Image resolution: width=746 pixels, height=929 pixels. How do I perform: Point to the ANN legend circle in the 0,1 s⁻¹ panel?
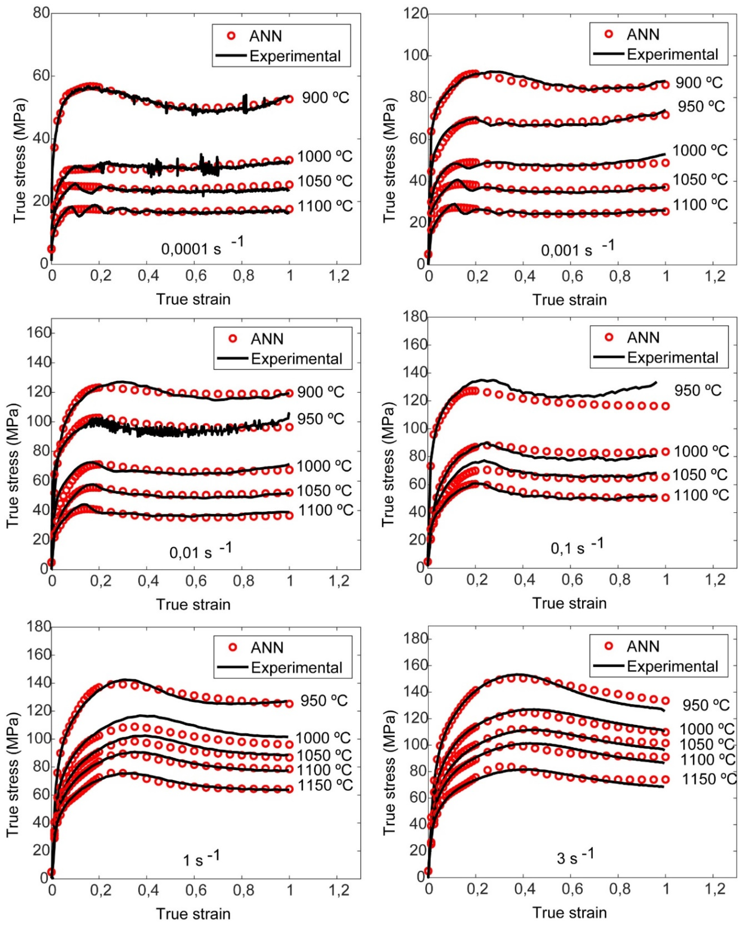609,337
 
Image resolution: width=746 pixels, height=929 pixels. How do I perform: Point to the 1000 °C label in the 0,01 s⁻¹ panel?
324,466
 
